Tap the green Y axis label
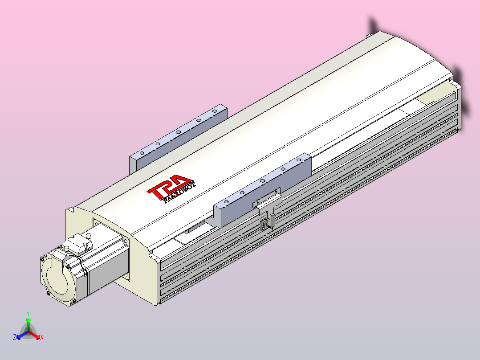point(28,313)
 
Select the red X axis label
point(42,337)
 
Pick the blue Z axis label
point(15,337)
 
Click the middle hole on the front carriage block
point(263,181)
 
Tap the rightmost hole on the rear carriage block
point(215,110)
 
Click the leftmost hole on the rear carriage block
point(141,152)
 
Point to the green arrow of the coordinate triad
point(28,323)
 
